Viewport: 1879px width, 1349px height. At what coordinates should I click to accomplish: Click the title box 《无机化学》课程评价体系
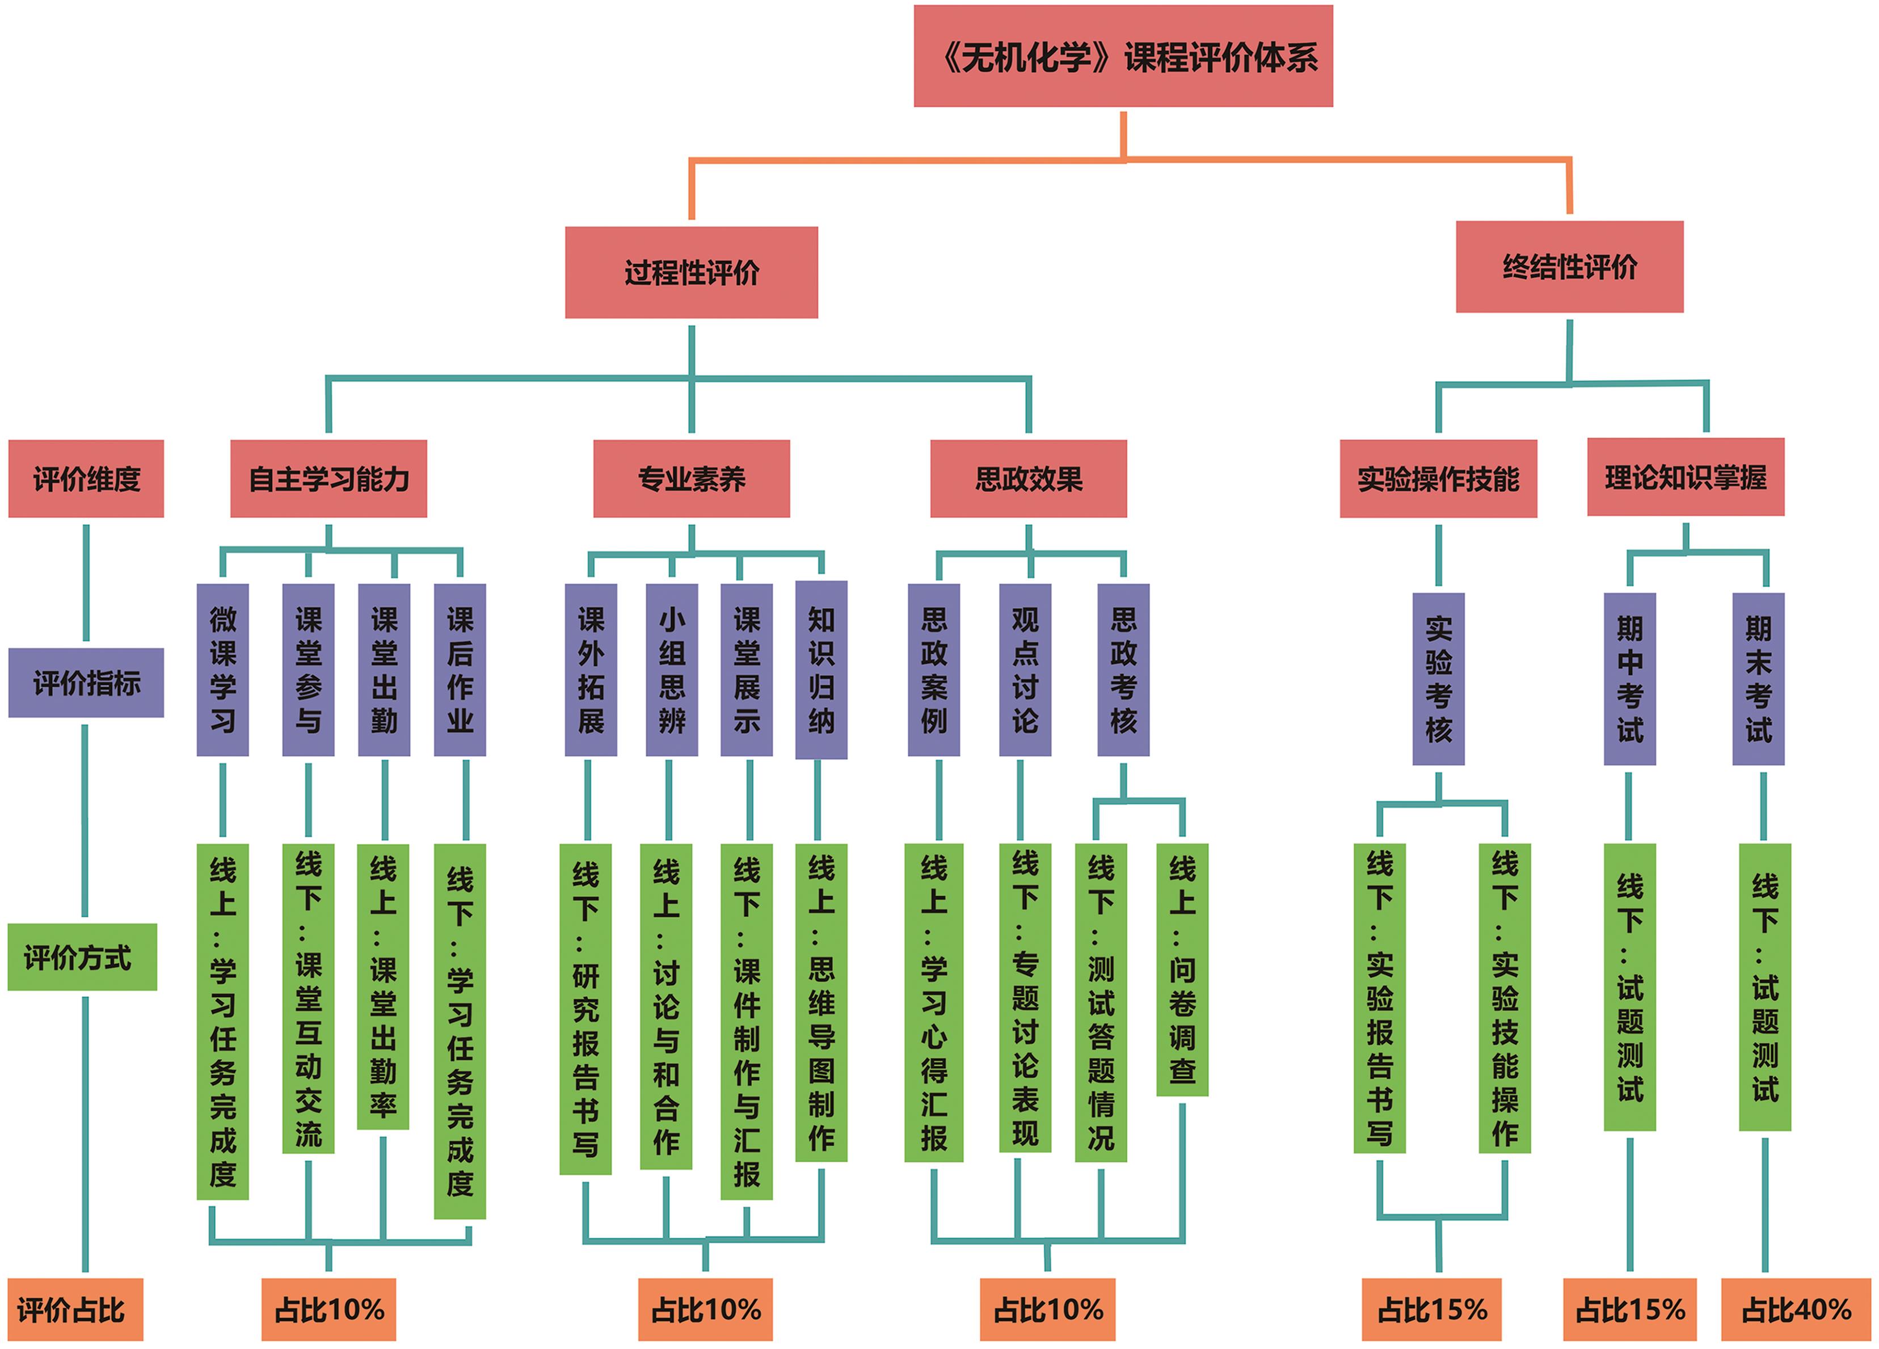point(1123,56)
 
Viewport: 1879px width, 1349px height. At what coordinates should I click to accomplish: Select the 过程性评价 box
point(691,273)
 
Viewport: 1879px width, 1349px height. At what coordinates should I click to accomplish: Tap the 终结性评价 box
point(1569,267)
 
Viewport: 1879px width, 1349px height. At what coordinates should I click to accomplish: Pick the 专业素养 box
point(691,479)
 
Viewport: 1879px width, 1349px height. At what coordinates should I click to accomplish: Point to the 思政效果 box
point(1028,479)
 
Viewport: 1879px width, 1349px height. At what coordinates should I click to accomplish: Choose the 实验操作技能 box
point(1438,479)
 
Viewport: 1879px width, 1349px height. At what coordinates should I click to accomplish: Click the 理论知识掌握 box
point(1685,477)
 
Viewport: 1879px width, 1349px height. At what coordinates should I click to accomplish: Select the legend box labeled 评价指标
point(86,683)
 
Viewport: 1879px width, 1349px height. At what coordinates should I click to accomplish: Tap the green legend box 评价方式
point(82,957)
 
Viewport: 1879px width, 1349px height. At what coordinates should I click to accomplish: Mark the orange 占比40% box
point(1796,1309)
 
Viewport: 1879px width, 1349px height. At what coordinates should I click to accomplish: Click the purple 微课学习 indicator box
point(222,669)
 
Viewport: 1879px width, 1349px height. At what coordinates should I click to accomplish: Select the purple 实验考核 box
point(1438,678)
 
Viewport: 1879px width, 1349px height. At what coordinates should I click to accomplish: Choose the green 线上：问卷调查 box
point(1181,969)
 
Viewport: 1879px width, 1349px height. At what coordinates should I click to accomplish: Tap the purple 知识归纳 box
point(820,669)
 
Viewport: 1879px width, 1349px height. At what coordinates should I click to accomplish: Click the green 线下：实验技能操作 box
point(1505,998)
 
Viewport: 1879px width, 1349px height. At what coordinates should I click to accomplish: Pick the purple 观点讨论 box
point(1025,669)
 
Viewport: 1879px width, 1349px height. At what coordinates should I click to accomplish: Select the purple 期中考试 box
point(1629,678)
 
